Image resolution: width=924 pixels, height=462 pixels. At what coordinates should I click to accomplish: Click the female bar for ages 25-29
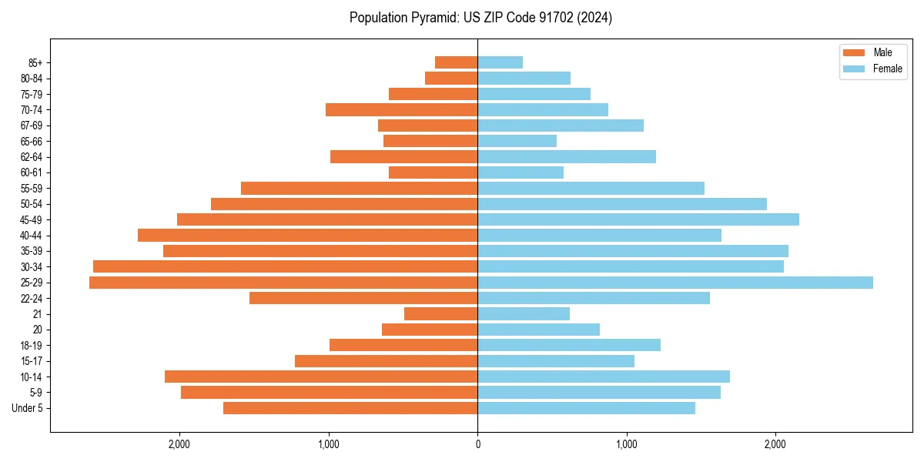[x=675, y=283]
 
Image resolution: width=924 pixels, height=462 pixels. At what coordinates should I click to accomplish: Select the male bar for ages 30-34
[x=285, y=266]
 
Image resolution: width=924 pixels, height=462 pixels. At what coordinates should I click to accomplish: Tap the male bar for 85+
[x=456, y=62]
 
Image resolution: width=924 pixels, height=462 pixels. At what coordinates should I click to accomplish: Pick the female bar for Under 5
[x=586, y=408]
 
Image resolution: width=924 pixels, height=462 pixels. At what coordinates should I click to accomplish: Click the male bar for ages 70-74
[x=401, y=109]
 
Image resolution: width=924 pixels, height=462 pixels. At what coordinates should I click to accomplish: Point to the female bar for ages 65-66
[x=517, y=141]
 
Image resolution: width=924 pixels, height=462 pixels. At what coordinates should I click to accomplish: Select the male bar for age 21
[x=440, y=314]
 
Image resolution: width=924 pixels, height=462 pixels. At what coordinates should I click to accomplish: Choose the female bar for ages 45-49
[x=638, y=219]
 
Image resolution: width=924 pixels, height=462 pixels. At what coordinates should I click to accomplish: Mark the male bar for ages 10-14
[x=321, y=377]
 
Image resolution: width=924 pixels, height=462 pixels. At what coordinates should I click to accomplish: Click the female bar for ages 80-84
[x=524, y=78]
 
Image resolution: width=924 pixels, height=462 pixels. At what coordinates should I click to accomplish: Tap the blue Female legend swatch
[x=855, y=69]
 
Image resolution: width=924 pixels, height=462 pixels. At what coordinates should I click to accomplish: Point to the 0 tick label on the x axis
[x=477, y=444]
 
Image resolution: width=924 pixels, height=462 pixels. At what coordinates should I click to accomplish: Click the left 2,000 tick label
[x=179, y=444]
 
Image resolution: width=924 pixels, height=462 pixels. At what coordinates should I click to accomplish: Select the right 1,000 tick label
[x=627, y=444]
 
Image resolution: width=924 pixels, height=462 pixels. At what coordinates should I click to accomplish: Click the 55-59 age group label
[x=32, y=189]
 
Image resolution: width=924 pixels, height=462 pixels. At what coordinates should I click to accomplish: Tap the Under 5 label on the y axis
[x=28, y=408]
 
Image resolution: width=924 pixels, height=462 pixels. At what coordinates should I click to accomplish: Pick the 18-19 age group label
[x=32, y=346]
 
